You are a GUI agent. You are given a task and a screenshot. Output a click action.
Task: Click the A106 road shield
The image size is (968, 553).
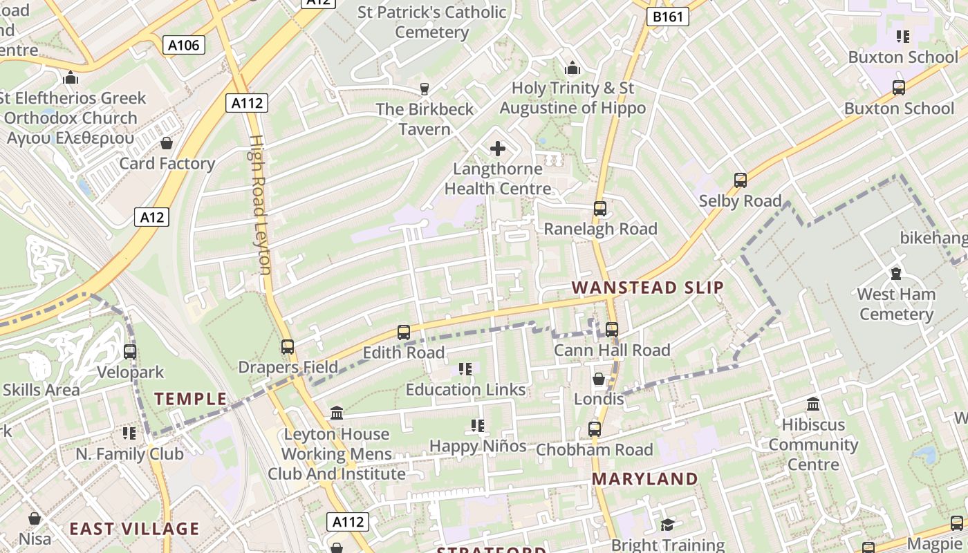pyautogui.click(x=184, y=46)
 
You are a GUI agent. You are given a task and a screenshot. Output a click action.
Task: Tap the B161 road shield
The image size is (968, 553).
pyautogui.click(x=668, y=17)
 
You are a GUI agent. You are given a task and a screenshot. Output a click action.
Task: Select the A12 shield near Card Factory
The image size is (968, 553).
pyautogui.click(x=151, y=217)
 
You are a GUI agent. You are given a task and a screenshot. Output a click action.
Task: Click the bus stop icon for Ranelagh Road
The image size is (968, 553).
pyautogui.click(x=600, y=208)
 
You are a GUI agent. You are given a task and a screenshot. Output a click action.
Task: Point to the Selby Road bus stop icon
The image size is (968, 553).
pyautogui.click(x=741, y=180)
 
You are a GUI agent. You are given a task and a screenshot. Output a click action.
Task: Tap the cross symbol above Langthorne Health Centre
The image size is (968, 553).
pyautogui.click(x=498, y=148)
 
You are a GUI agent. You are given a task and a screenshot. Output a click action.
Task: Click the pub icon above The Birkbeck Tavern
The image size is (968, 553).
pyautogui.click(x=425, y=88)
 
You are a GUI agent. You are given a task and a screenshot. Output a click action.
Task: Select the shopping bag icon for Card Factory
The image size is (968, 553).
pyautogui.click(x=167, y=143)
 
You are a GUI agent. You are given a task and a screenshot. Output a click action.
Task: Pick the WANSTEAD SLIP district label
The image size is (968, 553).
pyautogui.click(x=648, y=288)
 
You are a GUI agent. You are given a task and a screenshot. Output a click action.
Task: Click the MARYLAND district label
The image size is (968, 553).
pyautogui.click(x=644, y=479)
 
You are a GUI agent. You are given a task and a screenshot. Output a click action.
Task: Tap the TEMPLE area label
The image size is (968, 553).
pyautogui.click(x=190, y=399)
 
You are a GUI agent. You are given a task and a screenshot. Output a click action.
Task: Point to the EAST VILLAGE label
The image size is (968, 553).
pyautogui.click(x=134, y=529)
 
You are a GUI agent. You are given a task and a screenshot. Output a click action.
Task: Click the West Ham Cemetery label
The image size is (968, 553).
pyautogui.click(x=896, y=304)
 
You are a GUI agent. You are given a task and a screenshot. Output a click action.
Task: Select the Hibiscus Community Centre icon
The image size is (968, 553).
pyautogui.click(x=813, y=404)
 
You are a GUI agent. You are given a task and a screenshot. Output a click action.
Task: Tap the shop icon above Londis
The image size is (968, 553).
pyautogui.click(x=599, y=379)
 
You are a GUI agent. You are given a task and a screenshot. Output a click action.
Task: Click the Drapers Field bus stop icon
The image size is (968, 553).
pyautogui.click(x=288, y=347)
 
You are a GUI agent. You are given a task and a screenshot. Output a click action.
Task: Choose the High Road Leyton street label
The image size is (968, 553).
pyautogui.click(x=259, y=204)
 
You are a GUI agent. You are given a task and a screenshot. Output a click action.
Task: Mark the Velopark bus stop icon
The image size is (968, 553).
pyautogui.click(x=130, y=352)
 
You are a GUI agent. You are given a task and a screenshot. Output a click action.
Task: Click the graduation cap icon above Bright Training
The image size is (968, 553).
pyautogui.click(x=667, y=525)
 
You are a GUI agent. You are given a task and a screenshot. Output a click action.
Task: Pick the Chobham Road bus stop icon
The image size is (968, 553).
pyautogui.click(x=595, y=429)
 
